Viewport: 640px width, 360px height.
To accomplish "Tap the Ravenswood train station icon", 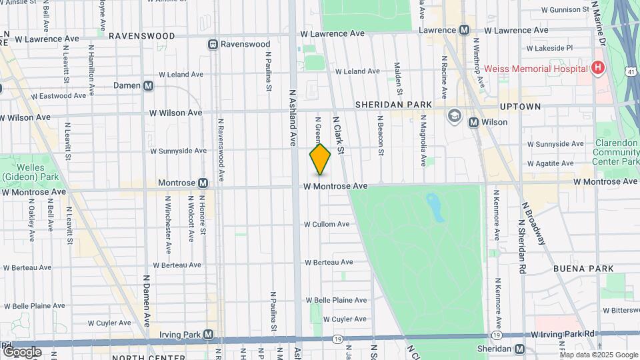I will click(x=213, y=45).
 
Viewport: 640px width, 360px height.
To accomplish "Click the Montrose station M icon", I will click(x=203, y=183).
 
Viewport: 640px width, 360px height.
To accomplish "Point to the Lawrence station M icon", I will click(x=464, y=30).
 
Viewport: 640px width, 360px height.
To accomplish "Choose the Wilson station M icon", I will click(x=473, y=122).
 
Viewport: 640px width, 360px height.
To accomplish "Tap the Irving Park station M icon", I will click(x=208, y=334).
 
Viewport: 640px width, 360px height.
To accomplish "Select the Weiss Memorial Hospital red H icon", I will click(x=598, y=68).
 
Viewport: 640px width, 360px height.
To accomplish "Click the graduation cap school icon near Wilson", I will click(x=455, y=115).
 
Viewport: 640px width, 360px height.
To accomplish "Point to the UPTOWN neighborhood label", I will click(x=520, y=107).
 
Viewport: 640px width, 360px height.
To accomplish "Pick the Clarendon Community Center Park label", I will click(x=617, y=152).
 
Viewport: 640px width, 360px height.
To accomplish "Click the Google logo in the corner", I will click(x=22, y=351).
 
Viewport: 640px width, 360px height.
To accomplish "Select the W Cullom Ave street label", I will click(x=327, y=224).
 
